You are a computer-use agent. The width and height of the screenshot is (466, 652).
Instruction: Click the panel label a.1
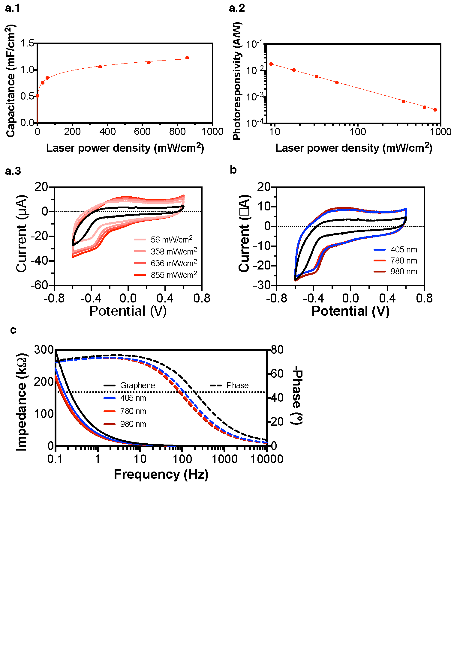point(13,8)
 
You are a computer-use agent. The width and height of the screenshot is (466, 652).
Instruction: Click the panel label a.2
point(237,8)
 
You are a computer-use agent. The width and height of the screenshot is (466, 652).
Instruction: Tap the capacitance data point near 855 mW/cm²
point(187,58)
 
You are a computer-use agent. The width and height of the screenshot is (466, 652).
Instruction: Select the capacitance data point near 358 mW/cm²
point(100,67)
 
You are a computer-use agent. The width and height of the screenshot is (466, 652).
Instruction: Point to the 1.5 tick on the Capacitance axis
point(27,43)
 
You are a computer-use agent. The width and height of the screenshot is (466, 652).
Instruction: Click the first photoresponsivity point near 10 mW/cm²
point(271,64)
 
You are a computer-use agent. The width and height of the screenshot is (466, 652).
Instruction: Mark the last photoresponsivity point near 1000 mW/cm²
point(435,110)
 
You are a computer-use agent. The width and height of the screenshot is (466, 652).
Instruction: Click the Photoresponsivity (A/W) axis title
point(237,81)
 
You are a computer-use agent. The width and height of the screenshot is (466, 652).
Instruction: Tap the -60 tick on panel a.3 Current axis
point(39,285)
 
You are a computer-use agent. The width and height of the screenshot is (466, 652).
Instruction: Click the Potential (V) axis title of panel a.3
point(128,311)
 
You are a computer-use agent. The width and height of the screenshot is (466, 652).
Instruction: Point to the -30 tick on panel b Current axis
point(262,285)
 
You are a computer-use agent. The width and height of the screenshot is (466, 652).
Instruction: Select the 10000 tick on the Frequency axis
point(267,459)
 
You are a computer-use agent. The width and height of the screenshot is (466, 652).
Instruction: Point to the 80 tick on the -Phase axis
point(277,350)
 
